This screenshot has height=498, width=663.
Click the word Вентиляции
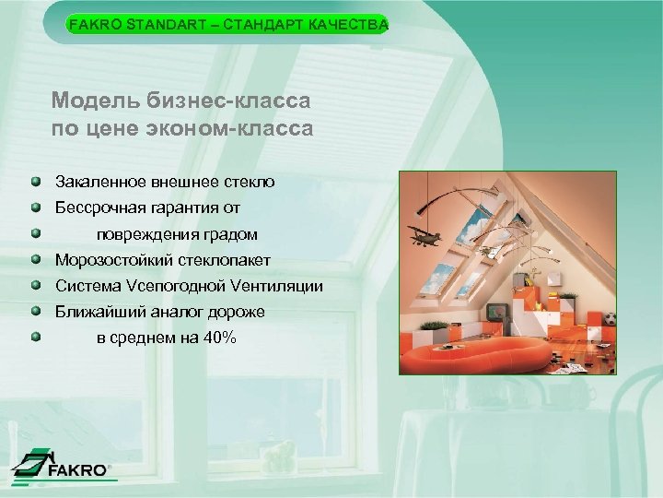[279, 287]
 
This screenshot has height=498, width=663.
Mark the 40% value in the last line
[221, 338]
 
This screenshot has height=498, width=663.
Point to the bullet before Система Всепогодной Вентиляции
[34, 286]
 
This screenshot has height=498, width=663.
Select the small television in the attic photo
[498, 313]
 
